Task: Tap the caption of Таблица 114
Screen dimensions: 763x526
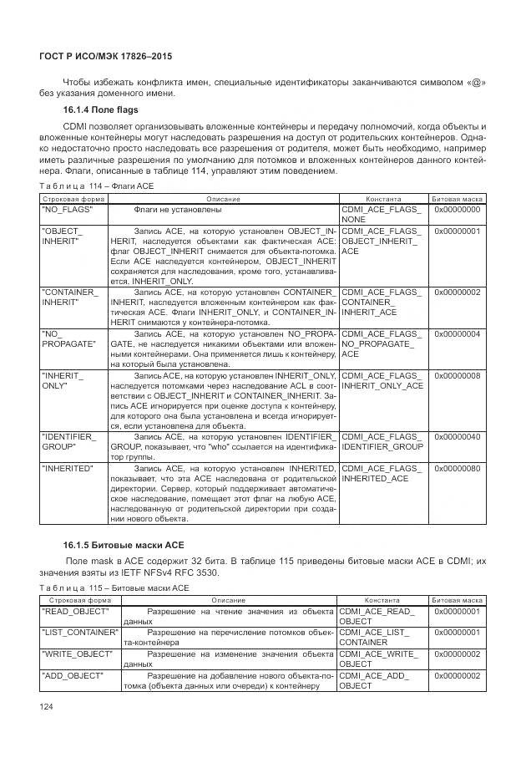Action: pyautogui.click(x=97, y=186)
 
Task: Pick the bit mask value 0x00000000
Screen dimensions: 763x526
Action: pyautogui.click(x=457, y=210)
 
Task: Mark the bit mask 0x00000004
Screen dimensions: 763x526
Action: pyautogui.click(x=457, y=333)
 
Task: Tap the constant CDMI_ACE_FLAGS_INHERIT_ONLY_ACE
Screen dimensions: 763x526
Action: pyautogui.click(x=382, y=381)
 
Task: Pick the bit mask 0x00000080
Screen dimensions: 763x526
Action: pyautogui.click(x=457, y=468)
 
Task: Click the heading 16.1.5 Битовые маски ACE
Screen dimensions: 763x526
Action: pyautogui.click(x=117, y=544)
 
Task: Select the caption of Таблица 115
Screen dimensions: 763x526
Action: pyautogui.click(x=116, y=588)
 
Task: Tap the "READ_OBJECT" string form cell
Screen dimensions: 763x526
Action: pyautogui.click(x=72, y=613)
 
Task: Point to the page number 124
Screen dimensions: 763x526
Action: pyautogui.click(x=48, y=709)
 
